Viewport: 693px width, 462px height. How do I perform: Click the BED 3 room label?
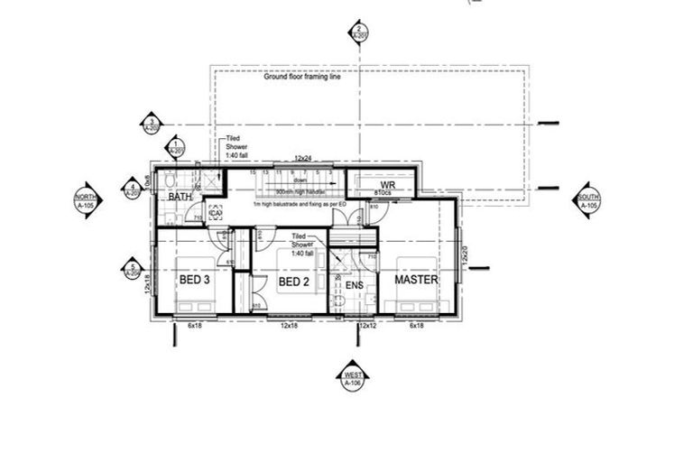[x=194, y=281]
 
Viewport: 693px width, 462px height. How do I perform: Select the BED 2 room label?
[x=294, y=282]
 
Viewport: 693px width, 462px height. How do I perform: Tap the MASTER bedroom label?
[x=416, y=281]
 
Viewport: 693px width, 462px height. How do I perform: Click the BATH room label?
[x=180, y=197]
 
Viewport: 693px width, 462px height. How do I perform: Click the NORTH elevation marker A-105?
[x=86, y=200]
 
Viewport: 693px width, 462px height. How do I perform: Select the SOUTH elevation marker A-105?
[x=588, y=200]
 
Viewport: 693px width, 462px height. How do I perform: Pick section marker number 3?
[x=152, y=125]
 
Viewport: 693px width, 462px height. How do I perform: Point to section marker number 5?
[x=133, y=268]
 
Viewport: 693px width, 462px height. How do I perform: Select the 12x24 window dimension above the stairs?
[x=303, y=159]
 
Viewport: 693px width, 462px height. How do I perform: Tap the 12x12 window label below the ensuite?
[x=366, y=325]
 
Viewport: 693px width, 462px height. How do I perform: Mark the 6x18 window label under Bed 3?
[x=194, y=325]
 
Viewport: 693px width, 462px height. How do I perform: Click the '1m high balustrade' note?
[x=298, y=206]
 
